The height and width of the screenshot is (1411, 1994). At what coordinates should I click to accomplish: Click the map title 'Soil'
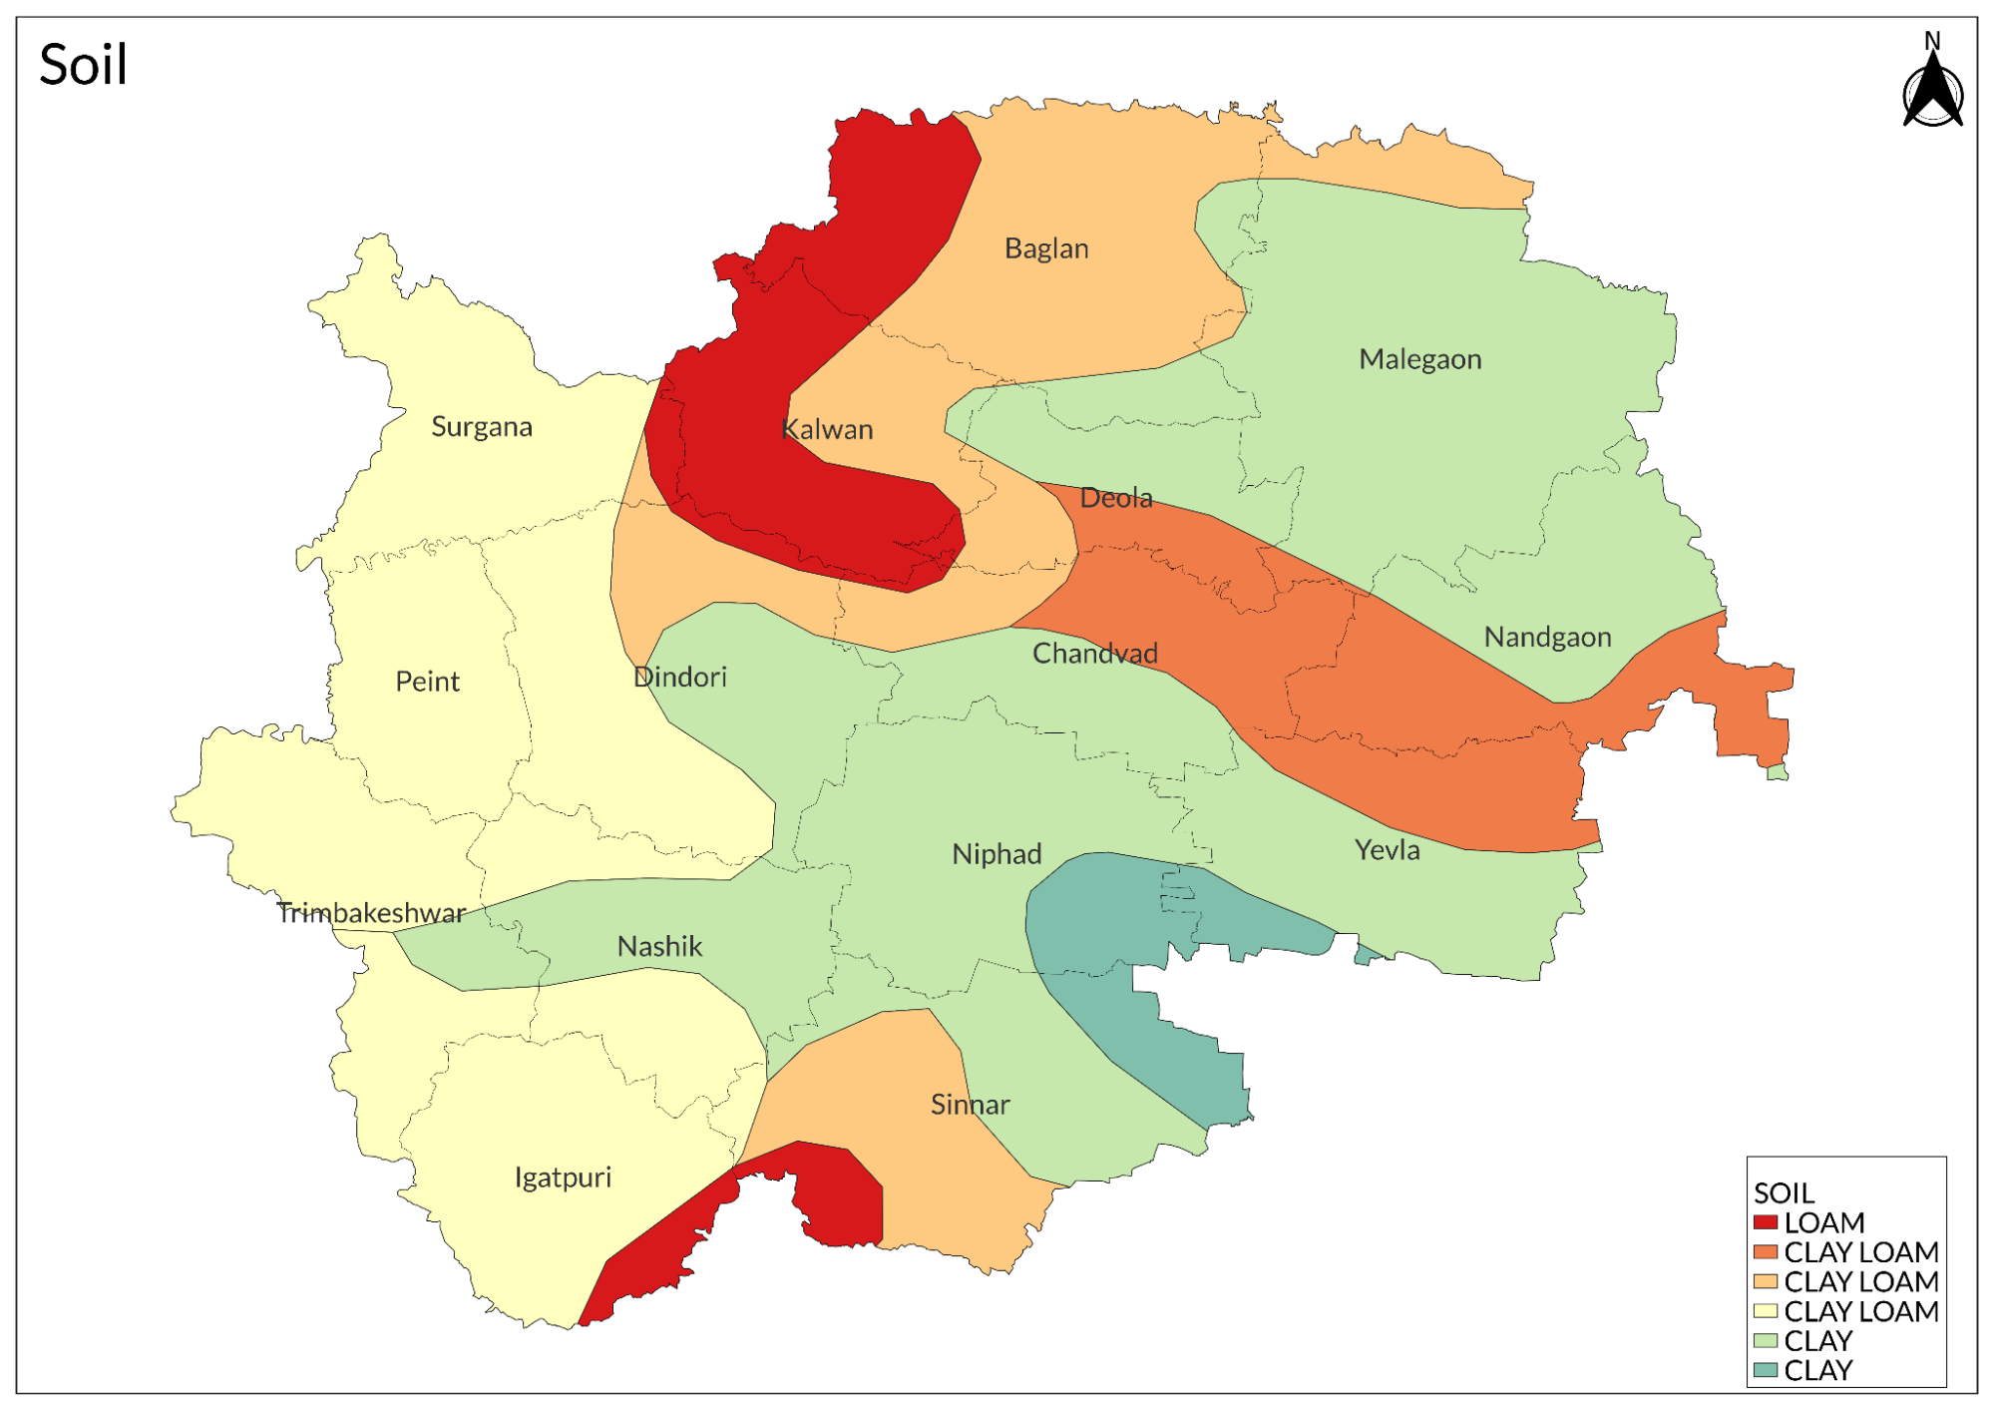pos(83,66)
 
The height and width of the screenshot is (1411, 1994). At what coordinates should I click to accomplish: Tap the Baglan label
pos(1045,248)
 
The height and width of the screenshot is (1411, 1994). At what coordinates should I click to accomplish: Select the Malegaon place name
pos(1419,359)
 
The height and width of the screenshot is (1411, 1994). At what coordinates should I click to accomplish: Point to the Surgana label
pos(481,427)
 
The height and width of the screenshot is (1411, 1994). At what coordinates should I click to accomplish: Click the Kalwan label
pos(827,430)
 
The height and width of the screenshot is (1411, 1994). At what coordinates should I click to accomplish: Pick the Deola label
pos(1115,498)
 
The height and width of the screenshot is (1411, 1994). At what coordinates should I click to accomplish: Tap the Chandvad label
pos(1094,654)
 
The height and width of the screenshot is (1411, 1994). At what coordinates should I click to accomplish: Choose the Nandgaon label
pos(1546,637)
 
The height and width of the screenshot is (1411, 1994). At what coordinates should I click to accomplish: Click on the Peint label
pos(427,682)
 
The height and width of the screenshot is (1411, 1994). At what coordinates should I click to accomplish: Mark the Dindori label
pos(679,678)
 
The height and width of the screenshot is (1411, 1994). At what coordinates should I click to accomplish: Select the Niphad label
pos(996,854)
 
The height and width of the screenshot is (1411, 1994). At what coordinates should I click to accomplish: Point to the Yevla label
pos(1387,850)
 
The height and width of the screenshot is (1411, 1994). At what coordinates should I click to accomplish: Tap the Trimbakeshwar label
pos(370,913)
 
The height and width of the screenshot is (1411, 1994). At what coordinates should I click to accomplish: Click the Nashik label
pos(659,946)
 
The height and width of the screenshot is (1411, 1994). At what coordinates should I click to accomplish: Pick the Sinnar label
pos(970,1105)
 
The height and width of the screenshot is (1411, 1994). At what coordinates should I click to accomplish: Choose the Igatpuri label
pos(563,1177)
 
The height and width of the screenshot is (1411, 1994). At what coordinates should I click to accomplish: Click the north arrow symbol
pos(1932,85)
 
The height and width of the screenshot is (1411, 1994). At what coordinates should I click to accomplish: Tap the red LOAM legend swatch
pos(1765,1222)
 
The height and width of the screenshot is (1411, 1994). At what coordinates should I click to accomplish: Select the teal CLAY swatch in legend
pos(1765,1370)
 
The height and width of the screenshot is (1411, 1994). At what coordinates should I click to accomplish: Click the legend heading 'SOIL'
pos(1784,1193)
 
